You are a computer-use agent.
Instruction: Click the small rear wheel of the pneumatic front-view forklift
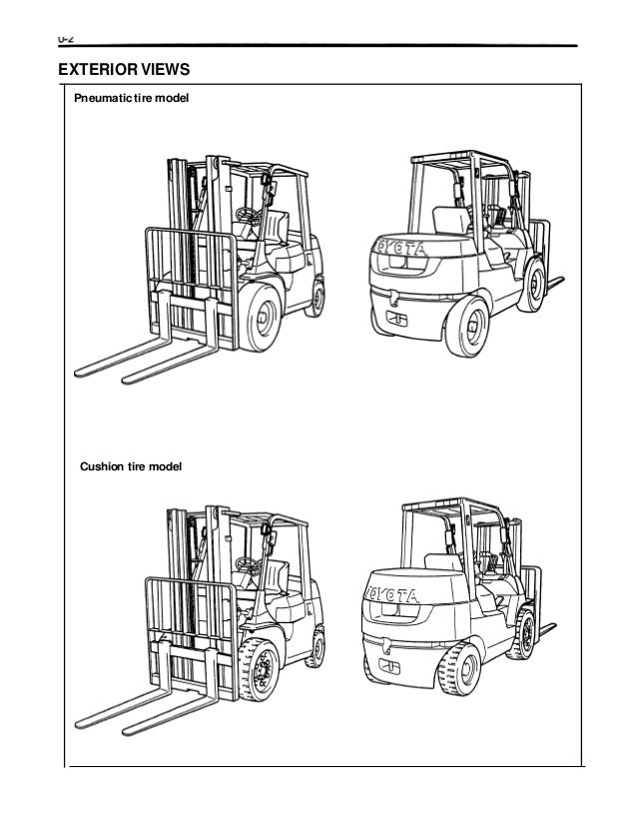point(319,298)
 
